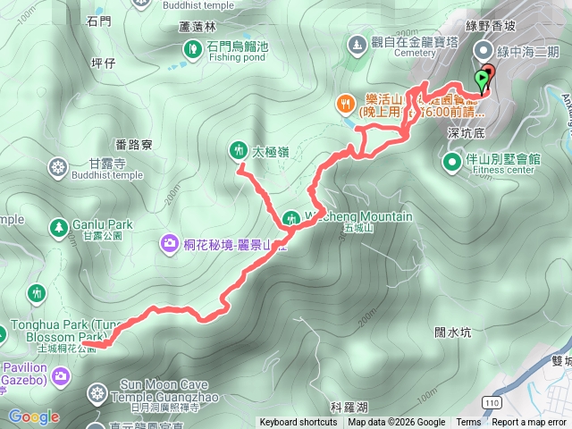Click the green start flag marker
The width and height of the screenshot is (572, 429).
pos(483,80)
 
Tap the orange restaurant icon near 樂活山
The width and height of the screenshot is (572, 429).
pos(344,104)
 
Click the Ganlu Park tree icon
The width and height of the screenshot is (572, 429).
pos(59,226)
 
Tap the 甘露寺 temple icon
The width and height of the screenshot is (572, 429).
pos(59,167)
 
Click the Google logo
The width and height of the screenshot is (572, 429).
pos(34,416)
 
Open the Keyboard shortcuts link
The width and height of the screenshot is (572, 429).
pos(299,423)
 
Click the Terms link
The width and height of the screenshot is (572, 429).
pos(468,423)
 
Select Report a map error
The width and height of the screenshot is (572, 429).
pos(529,423)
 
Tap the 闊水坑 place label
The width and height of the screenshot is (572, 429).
pos(452,332)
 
